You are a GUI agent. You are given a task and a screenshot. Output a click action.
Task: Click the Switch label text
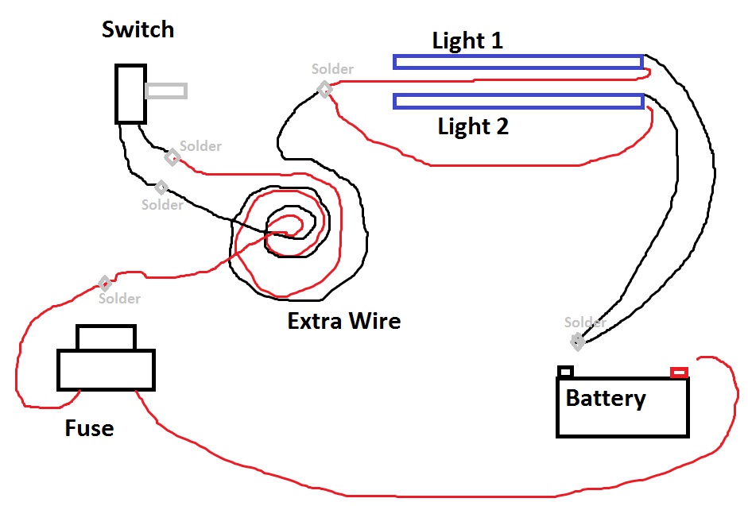(x=138, y=30)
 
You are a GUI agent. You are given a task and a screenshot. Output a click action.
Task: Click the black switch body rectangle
(x=130, y=94)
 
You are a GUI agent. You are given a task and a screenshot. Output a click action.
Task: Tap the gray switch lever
(x=166, y=91)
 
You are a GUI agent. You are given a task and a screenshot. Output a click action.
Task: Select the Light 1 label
(x=467, y=41)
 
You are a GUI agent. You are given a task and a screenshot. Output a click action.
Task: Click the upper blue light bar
(x=517, y=62)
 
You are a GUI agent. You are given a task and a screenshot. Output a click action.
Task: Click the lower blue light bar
(x=517, y=101)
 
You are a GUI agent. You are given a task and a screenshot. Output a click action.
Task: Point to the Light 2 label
(x=473, y=126)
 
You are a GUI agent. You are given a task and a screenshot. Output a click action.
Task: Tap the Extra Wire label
(x=343, y=322)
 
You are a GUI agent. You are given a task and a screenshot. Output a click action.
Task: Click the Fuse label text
(x=89, y=429)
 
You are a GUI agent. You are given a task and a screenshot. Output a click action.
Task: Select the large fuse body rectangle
(x=106, y=370)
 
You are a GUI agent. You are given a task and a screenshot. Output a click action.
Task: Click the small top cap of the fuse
(x=106, y=338)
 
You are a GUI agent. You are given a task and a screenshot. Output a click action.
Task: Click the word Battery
(x=605, y=398)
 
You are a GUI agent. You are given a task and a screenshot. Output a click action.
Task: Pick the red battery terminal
(x=679, y=372)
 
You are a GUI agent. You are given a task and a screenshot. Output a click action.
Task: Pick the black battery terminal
(x=565, y=371)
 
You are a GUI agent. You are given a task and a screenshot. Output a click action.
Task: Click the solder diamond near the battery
(x=577, y=342)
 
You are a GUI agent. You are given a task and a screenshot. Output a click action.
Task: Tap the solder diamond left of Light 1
(x=324, y=89)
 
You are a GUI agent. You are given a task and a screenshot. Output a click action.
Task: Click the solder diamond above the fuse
(x=104, y=284)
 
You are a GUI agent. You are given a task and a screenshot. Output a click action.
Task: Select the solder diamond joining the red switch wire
(x=172, y=156)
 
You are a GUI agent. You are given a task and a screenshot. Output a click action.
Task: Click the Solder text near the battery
(x=585, y=323)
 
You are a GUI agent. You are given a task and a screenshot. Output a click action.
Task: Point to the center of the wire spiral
(x=286, y=225)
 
